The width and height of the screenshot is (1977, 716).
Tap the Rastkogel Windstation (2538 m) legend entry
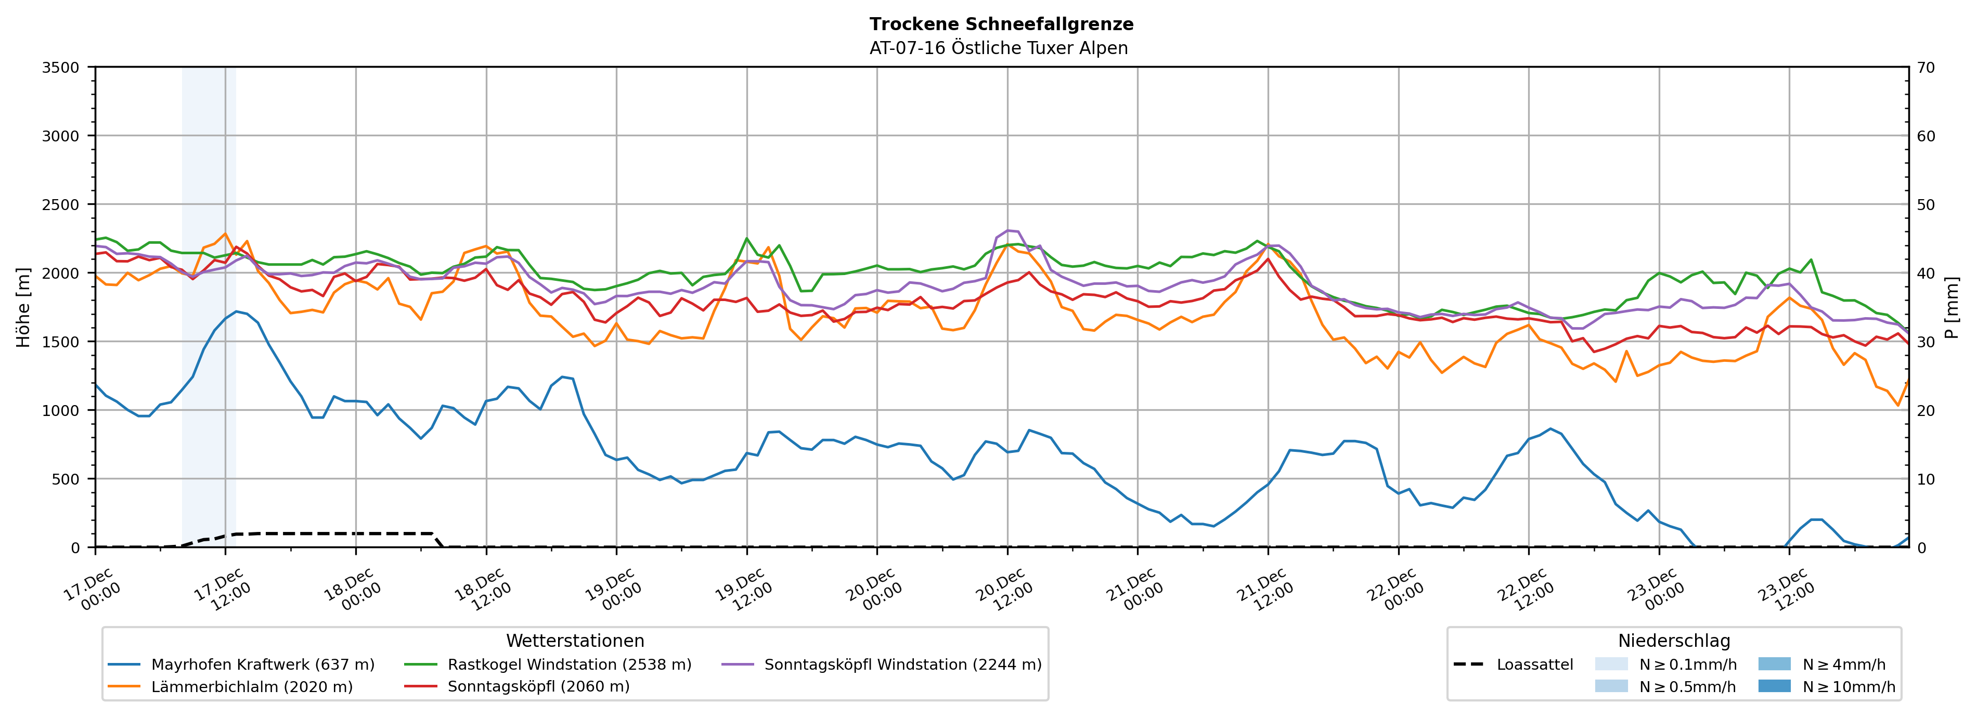pos(568,665)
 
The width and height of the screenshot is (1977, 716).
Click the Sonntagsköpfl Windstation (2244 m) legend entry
pos(902,665)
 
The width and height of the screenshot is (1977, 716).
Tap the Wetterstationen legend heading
pos(575,641)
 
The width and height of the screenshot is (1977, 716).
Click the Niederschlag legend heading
pos(1674,641)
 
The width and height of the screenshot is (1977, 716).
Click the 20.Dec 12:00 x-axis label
pos(1004,589)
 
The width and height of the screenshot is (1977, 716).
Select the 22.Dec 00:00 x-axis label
pos(1394,589)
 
